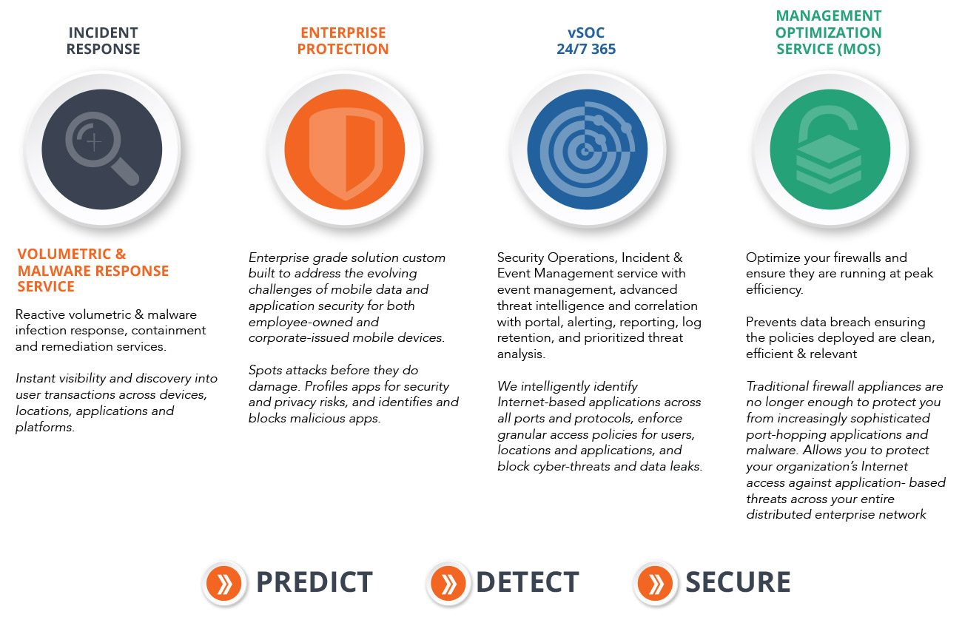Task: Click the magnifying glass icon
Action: click(x=102, y=149)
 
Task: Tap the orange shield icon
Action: click(x=345, y=149)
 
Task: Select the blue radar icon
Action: click(x=587, y=149)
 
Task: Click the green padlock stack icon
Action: click(x=829, y=149)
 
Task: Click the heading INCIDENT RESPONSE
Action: click(x=104, y=41)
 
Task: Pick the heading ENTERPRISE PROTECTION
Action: click(x=343, y=41)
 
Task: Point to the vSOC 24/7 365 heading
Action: click(x=586, y=41)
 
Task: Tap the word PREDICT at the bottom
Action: click(x=314, y=582)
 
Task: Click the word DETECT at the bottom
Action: click(x=527, y=582)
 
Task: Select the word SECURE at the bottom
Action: click(x=737, y=582)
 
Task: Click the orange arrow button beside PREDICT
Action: click(x=224, y=583)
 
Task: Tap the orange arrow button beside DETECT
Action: click(x=448, y=583)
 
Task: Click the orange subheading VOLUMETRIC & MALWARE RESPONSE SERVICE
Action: click(x=93, y=270)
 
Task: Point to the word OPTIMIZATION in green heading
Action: click(x=828, y=33)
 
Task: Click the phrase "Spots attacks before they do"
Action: click(x=334, y=370)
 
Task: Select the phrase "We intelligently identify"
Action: click(x=567, y=386)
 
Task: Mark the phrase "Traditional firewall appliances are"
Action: click(x=844, y=386)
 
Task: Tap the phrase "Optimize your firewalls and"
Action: click(x=826, y=257)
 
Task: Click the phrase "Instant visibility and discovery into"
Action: click(x=116, y=378)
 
